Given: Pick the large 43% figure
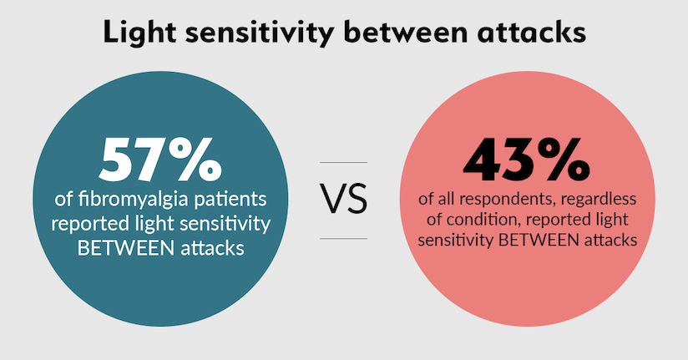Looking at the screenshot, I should (x=522, y=159).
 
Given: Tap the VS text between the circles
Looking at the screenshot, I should (x=344, y=201).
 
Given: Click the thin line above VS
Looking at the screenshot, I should (x=344, y=163).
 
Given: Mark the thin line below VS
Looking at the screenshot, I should (x=344, y=239).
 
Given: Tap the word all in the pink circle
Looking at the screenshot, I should (x=443, y=202).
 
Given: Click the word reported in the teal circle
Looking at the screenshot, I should (x=88, y=226).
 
